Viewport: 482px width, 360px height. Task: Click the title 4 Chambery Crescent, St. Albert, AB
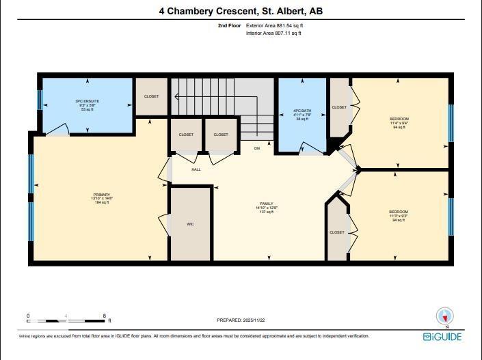click(x=240, y=10)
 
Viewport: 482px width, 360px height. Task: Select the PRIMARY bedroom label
click(x=102, y=195)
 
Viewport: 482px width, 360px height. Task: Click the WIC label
click(x=191, y=223)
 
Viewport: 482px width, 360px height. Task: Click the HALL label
click(x=196, y=169)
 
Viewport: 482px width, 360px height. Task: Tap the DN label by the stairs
click(x=257, y=148)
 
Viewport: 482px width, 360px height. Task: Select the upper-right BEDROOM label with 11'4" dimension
click(x=399, y=119)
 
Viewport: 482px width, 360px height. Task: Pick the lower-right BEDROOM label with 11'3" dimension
click(x=399, y=212)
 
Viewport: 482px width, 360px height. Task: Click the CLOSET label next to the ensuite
click(x=151, y=96)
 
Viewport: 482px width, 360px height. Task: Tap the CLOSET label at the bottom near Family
click(x=337, y=232)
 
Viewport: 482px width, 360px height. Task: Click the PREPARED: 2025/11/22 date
click(x=240, y=320)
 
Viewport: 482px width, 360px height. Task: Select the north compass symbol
click(x=445, y=316)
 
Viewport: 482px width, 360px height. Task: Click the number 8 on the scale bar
click(x=104, y=316)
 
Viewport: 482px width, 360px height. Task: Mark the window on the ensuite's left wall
click(x=40, y=100)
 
